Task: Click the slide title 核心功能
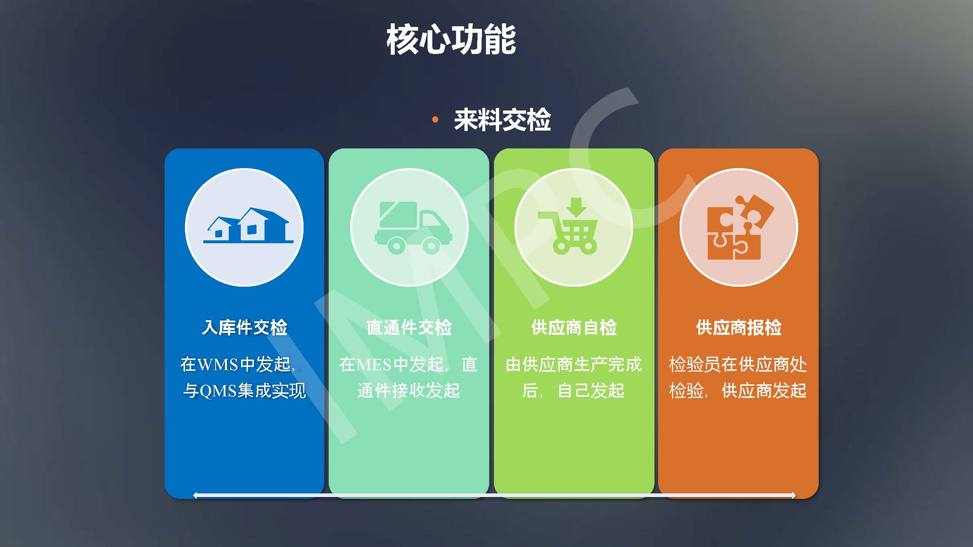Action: (x=451, y=39)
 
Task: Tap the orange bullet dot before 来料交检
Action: (x=435, y=120)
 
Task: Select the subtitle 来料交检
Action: (x=502, y=120)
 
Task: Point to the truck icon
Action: (x=414, y=228)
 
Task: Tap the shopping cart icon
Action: (x=568, y=226)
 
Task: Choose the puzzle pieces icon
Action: (x=740, y=227)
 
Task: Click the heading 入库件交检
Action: (x=245, y=327)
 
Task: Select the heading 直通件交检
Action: (x=409, y=327)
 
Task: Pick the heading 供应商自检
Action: (x=574, y=327)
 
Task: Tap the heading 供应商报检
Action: (x=739, y=327)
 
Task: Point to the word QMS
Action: (x=218, y=391)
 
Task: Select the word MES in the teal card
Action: (x=374, y=365)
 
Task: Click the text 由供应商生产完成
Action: (x=574, y=364)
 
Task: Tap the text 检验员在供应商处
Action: (x=738, y=364)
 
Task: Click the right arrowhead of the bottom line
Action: (x=794, y=495)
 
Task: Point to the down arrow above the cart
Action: (x=576, y=206)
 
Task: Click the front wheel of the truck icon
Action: (x=431, y=246)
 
